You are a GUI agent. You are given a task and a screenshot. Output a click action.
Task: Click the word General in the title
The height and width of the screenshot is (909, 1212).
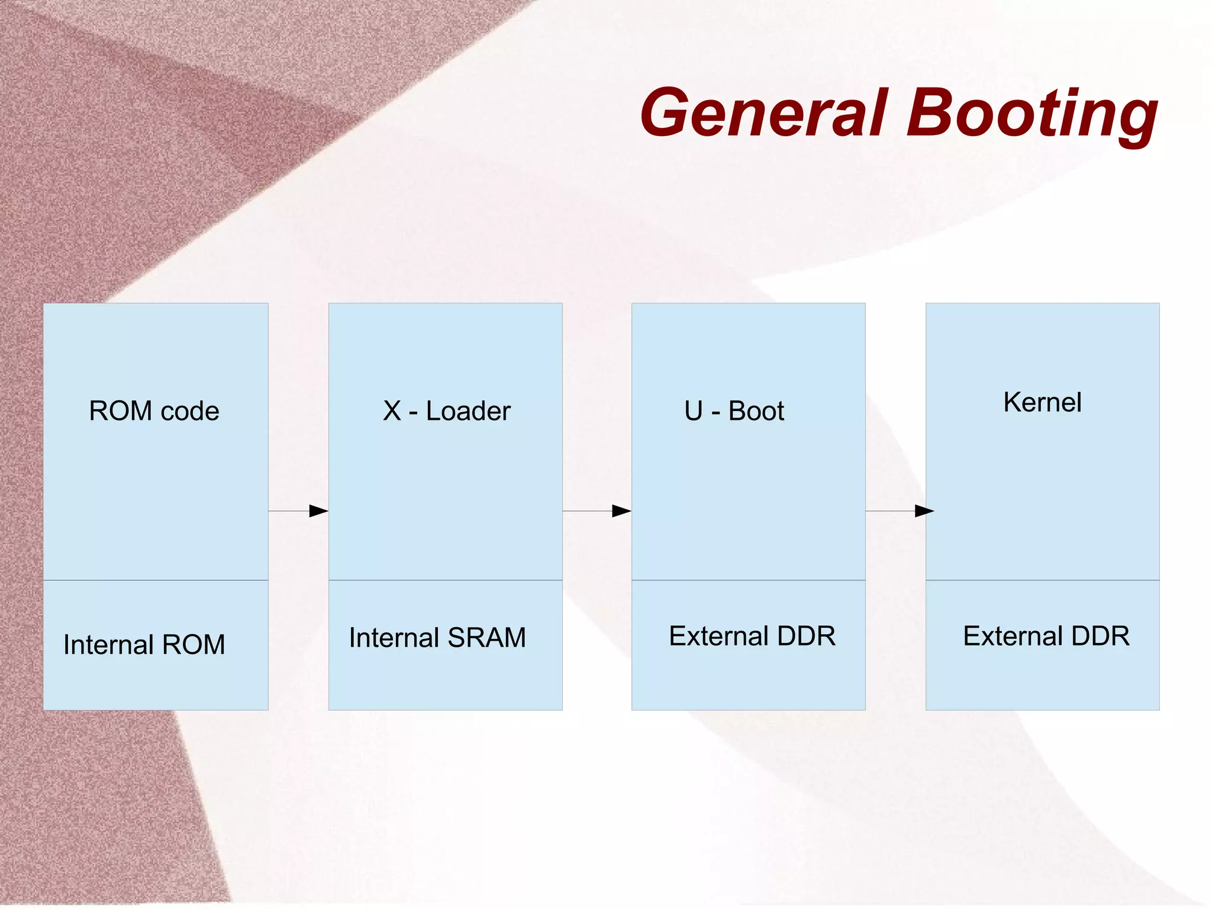pos(764,113)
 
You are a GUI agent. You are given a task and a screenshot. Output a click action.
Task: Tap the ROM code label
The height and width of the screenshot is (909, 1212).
pos(154,411)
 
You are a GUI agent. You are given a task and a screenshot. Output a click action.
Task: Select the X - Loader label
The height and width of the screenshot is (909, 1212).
pos(446,411)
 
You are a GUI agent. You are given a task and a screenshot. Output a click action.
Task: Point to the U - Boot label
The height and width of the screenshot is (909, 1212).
pos(734,411)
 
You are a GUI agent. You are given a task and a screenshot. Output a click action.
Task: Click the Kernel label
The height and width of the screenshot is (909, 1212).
pos(1042,403)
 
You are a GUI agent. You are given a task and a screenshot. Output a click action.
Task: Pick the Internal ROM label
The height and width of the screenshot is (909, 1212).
pos(144,644)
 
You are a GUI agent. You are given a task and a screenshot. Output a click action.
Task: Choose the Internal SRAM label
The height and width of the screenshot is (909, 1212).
pos(437,638)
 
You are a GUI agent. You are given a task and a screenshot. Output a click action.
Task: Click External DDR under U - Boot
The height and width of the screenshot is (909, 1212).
pos(752,636)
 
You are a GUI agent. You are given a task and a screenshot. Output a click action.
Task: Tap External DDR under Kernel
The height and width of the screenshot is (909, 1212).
pos(1046,636)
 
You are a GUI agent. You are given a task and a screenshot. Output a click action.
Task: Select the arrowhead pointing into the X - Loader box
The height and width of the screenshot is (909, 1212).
pos(318,511)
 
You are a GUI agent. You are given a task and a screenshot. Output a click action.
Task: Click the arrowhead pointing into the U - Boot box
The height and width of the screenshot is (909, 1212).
pos(621,511)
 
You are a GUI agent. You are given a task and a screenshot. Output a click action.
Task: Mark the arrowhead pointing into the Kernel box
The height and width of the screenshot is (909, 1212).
pos(924,511)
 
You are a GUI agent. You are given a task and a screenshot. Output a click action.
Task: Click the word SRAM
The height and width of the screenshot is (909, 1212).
pos(486,638)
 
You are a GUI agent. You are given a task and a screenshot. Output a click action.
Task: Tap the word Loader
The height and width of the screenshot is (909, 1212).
pos(468,411)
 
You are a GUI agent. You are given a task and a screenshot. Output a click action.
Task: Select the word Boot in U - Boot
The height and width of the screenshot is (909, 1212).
pos(756,411)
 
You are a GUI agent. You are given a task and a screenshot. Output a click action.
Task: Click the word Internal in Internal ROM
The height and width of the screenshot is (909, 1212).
pos(109,644)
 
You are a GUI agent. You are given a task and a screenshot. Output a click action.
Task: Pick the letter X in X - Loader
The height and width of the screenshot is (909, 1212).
pos(392,411)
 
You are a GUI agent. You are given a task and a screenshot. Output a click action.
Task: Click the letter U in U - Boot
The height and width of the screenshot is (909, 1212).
pos(694,411)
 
